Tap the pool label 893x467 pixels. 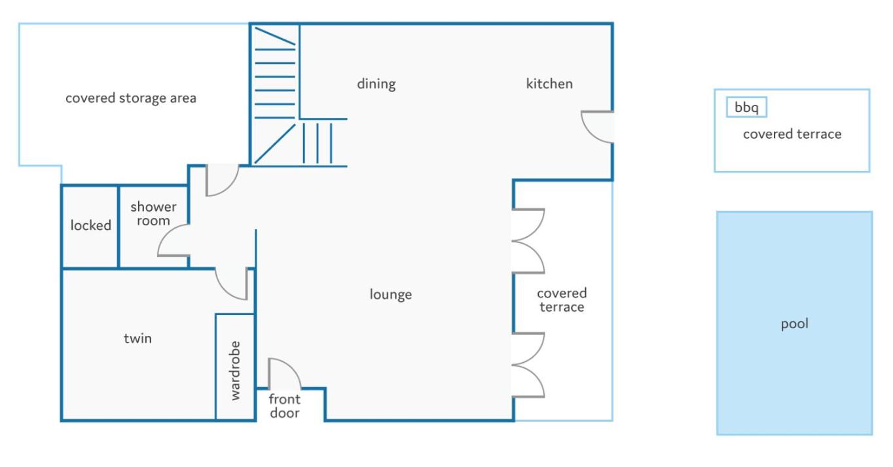coord(795,324)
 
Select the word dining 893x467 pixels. coord(376,84)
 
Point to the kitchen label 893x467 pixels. coord(549,84)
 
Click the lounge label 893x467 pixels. coord(391,295)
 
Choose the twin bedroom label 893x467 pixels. coord(137,339)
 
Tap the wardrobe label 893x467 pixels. coord(235,371)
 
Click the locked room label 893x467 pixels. coord(90,225)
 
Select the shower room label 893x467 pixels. coord(153,214)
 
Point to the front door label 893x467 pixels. coord(285,406)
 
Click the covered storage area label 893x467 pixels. coord(131,98)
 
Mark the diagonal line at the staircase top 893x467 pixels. coord(275,36)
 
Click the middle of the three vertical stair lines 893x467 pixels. coord(318,143)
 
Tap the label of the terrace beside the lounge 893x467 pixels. coord(562,300)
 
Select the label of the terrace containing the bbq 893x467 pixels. coord(792,134)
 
